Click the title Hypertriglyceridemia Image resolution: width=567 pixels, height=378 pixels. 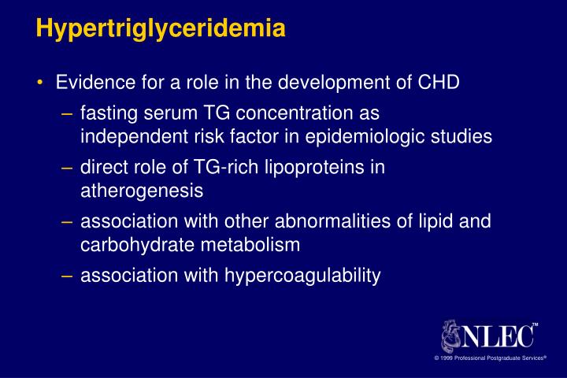point(161,30)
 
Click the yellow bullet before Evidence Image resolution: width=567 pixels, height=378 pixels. point(40,83)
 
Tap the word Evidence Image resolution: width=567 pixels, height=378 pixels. point(91,83)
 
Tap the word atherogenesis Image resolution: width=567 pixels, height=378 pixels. point(142,190)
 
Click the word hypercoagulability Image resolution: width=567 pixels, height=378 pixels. point(302,275)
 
